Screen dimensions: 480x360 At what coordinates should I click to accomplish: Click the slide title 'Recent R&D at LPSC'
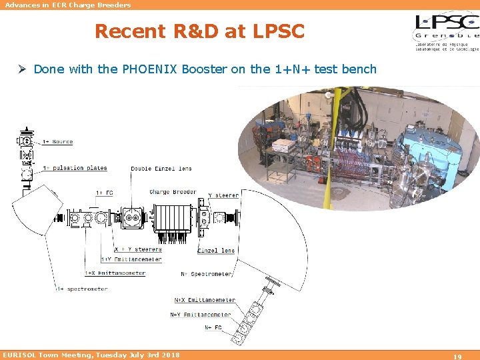199,31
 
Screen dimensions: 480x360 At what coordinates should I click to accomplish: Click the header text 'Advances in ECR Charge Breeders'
68,5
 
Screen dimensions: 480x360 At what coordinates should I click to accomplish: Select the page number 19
457,356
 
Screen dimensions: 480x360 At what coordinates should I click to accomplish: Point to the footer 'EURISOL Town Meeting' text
91,355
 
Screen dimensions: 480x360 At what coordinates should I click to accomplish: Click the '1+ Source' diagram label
57,142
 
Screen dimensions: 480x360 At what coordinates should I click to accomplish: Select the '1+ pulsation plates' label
75,168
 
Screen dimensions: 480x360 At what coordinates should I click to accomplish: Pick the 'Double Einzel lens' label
161,169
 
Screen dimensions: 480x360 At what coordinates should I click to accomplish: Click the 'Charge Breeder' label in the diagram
173,192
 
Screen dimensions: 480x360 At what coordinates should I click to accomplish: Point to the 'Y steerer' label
223,195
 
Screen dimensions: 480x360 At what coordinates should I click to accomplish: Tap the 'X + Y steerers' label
138,249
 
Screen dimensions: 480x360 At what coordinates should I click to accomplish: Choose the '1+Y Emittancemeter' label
131,259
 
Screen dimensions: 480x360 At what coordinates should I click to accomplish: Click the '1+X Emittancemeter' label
115,273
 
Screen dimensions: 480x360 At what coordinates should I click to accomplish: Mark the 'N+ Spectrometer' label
207,274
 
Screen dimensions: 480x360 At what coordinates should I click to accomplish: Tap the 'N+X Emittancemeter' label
205,301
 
